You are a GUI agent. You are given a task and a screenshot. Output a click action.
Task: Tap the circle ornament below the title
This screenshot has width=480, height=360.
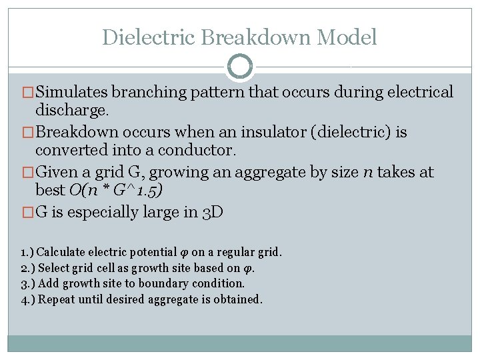pos(240,66)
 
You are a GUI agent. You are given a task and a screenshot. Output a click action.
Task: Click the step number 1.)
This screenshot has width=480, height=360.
pos(27,253)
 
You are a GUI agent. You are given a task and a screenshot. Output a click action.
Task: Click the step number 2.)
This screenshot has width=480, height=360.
pos(27,268)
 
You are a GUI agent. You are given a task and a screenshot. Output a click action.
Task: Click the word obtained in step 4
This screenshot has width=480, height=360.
pos(239,299)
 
